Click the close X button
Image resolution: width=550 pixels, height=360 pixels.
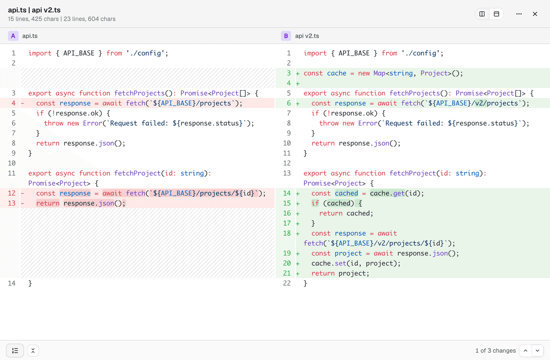point(535,14)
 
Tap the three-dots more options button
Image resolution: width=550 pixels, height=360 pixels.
point(519,14)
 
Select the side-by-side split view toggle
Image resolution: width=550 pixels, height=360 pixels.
point(482,14)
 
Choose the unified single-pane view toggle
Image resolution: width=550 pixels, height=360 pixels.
point(496,14)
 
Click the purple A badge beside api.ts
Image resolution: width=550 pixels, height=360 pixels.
point(13,36)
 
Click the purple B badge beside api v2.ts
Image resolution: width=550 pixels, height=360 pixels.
point(286,36)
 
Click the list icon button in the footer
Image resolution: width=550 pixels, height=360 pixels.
point(15,350)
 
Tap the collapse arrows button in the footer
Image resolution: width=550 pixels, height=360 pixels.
point(33,350)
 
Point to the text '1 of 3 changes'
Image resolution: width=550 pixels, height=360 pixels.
point(495,350)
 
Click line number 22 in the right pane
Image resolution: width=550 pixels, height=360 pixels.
point(287,283)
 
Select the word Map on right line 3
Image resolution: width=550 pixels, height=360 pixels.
point(379,73)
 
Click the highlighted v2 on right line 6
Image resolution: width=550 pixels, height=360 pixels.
point(479,103)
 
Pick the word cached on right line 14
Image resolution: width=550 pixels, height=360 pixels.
point(346,194)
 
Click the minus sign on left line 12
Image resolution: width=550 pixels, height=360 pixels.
point(22,194)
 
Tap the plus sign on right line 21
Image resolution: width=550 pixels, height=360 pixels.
point(298,273)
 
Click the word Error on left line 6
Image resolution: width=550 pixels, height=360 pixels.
point(93,123)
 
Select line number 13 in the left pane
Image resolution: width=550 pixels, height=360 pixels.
point(11,203)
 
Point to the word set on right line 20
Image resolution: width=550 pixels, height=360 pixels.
point(341,263)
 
